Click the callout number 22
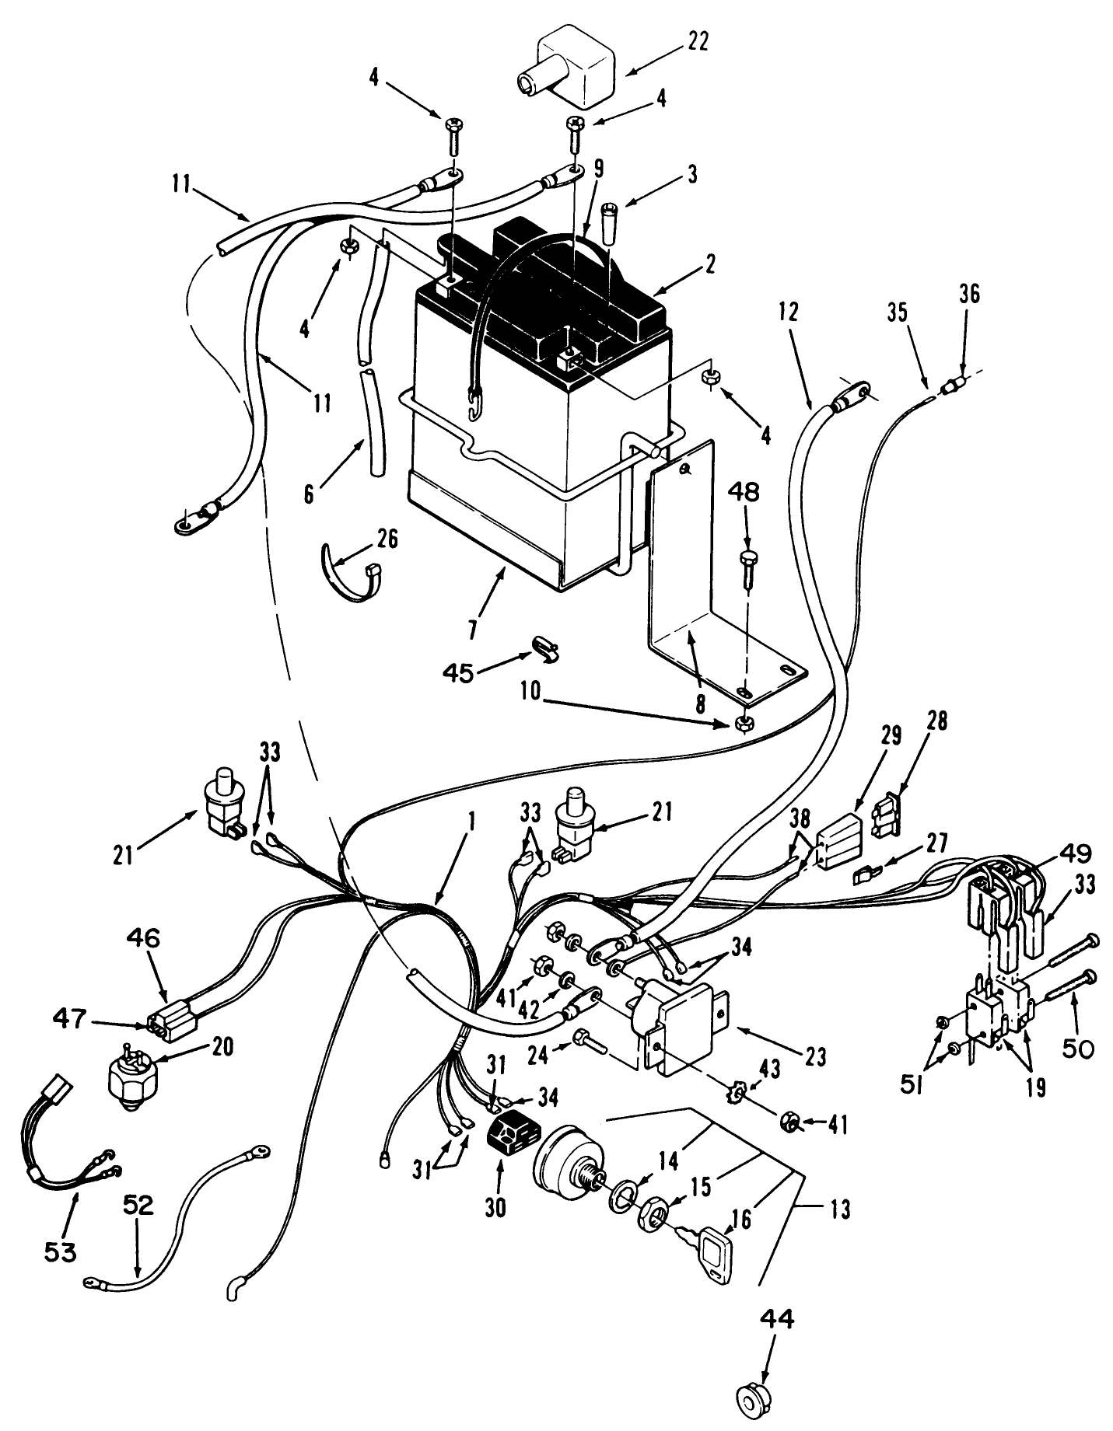point(697,42)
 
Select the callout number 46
point(144,939)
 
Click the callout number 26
point(387,539)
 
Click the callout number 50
point(1075,1049)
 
